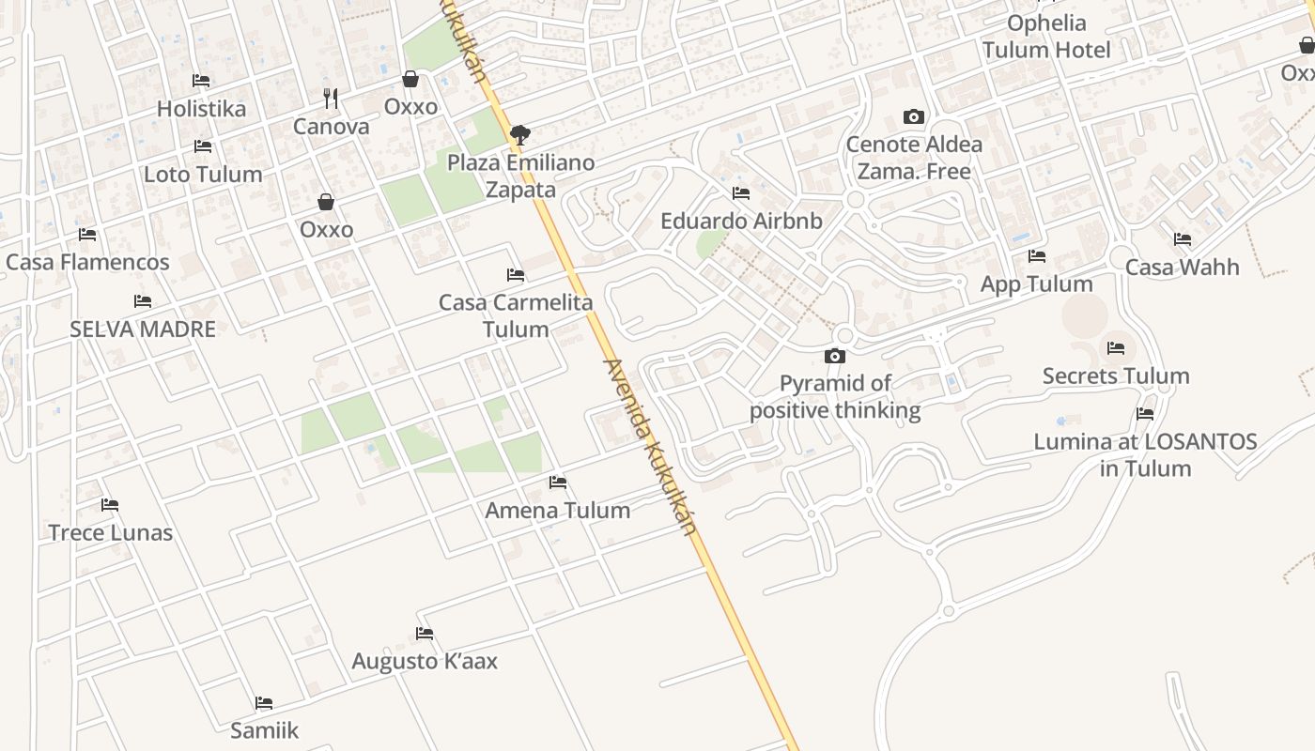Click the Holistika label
(x=201, y=109)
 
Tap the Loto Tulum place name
(x=202, y=175)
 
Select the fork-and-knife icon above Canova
(x=331, y=98)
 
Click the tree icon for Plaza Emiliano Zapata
(x=519, y=135)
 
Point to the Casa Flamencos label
(x=87, y=262)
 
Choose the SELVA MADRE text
(x=143, y=330)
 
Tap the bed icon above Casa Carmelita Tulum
(x=516, y=275)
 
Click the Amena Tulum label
(x=557, y=511)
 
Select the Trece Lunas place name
(x=111, y=533)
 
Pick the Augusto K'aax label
(x=425, y=662)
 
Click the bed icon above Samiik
(x=264, y=702)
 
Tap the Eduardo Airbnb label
(x=741, y=222)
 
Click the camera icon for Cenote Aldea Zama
(x=913, y=117)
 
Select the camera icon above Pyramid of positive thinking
(x=834, y=356)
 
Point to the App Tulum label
(x=1036, y=284)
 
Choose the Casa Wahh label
(x=1182, y=268)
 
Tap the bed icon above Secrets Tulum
(x=1116, y=348)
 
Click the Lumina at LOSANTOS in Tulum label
(x=1145, y=455)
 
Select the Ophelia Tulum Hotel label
(x=1046, y=37)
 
